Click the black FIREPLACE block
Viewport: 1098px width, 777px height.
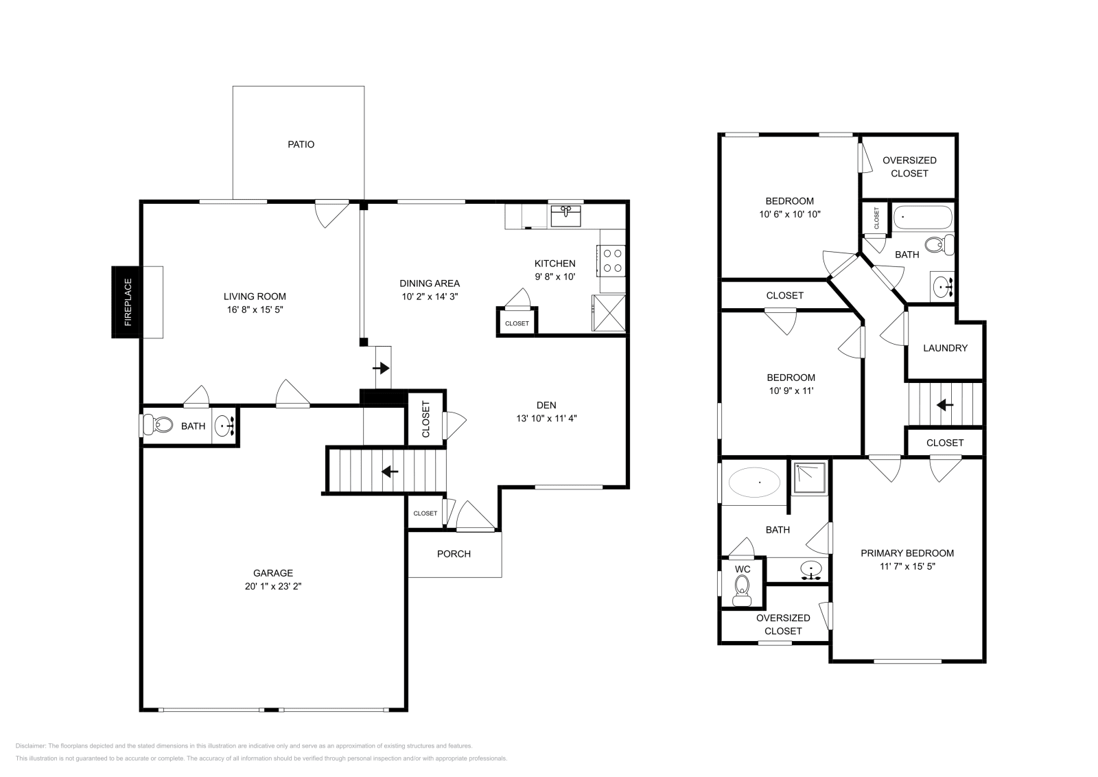tap(127, 302)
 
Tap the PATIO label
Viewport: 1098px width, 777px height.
tap(301, 145)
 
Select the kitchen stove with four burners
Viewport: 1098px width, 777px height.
tap(613, 261)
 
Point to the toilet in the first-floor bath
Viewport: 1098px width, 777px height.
tap(161, 426)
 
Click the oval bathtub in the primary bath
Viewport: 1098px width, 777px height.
tap(754, 483)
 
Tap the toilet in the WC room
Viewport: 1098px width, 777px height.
tap(741, 588)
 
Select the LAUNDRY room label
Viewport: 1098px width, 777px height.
tap(945, 348)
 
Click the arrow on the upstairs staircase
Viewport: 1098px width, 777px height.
tap(945, 405)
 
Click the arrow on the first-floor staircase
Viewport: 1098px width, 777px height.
tap(390, 472)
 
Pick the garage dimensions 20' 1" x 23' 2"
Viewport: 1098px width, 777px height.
tap(273, 587)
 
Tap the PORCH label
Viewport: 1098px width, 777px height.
tap(454, 554)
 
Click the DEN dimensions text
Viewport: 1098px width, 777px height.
tap(546, 418)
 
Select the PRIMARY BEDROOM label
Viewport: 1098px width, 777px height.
tap(907, 553)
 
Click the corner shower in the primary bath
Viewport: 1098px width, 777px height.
tap(810, 478)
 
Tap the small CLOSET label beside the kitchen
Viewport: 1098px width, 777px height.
tap(517, 323)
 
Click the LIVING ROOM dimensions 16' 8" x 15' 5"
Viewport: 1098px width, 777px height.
tap(255, 310)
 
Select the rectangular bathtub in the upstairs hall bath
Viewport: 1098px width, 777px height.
tap(923, 218)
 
